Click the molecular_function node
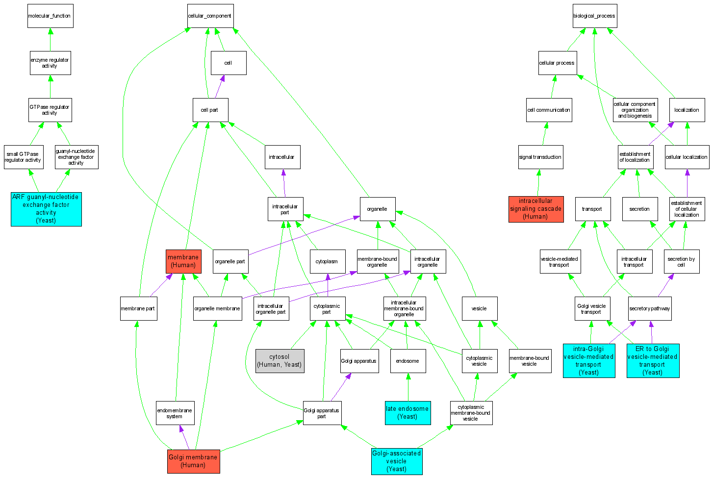point(50,16)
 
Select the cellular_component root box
point(210,16)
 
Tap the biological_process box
point(594,16)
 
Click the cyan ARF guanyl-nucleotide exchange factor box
point(46,209)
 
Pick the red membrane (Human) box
point(183,261)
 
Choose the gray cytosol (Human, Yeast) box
point(280,361)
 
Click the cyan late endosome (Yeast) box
point(407,413)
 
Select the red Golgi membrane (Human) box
point(193,461)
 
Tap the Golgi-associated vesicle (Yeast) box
point(396,461)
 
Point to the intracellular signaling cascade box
point(535,209)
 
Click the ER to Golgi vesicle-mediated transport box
point(653,361)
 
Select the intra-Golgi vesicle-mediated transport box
point(588,361)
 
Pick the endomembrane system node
point(175,413)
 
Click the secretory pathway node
point(650,309)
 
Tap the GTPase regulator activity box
point(50,110)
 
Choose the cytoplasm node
point(327,262)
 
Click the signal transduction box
point(540,157)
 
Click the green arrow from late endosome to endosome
point(407,387)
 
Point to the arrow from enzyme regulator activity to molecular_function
point(50,40)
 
